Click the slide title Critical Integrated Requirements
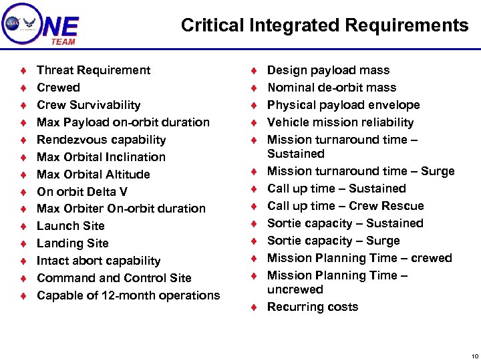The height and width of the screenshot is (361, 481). (325, 25)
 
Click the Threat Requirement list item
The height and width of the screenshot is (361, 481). (94, 70)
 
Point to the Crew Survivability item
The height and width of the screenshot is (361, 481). (89, 105)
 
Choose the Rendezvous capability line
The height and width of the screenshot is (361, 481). (102, 140)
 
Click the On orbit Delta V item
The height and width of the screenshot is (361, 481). (82, 192)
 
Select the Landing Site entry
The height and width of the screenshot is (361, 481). (73, 243)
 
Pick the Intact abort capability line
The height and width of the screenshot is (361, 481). (99, 261)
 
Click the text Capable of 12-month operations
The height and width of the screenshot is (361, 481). (128, 295)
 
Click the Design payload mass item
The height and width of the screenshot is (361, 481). (328, 70)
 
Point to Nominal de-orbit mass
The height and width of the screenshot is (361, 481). (331, 88)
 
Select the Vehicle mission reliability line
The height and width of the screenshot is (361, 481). (340, 122)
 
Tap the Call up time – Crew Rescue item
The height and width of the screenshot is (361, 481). (345, 206)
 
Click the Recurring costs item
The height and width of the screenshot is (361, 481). (313, 307)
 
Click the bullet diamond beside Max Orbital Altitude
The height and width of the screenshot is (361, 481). (23, 174)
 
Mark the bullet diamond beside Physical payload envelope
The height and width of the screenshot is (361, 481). (253, 105)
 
